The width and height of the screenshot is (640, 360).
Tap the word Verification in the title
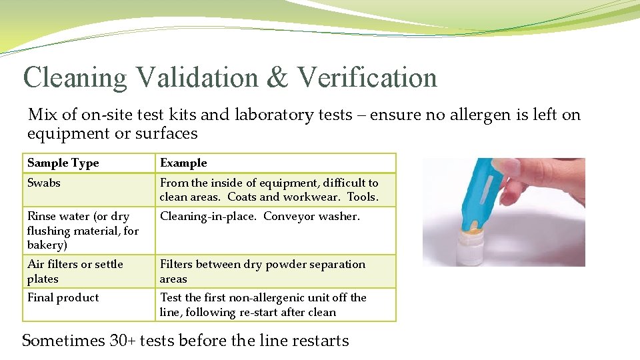[x=367, y=77]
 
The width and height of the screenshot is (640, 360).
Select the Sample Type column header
[x=63, y=163]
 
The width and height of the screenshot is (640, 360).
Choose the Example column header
[x=183, y=163]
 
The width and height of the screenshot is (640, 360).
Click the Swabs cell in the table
[x=43, y=183]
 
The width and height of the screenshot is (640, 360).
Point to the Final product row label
[x=63, y=298]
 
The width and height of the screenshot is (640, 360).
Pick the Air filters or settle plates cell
[x=75, y=271]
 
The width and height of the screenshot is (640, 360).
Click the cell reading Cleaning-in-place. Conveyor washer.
[x=259, y=217]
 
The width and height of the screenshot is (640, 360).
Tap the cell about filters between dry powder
[x=262, y=271]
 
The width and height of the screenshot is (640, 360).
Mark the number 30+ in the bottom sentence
[x=124, y=341]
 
